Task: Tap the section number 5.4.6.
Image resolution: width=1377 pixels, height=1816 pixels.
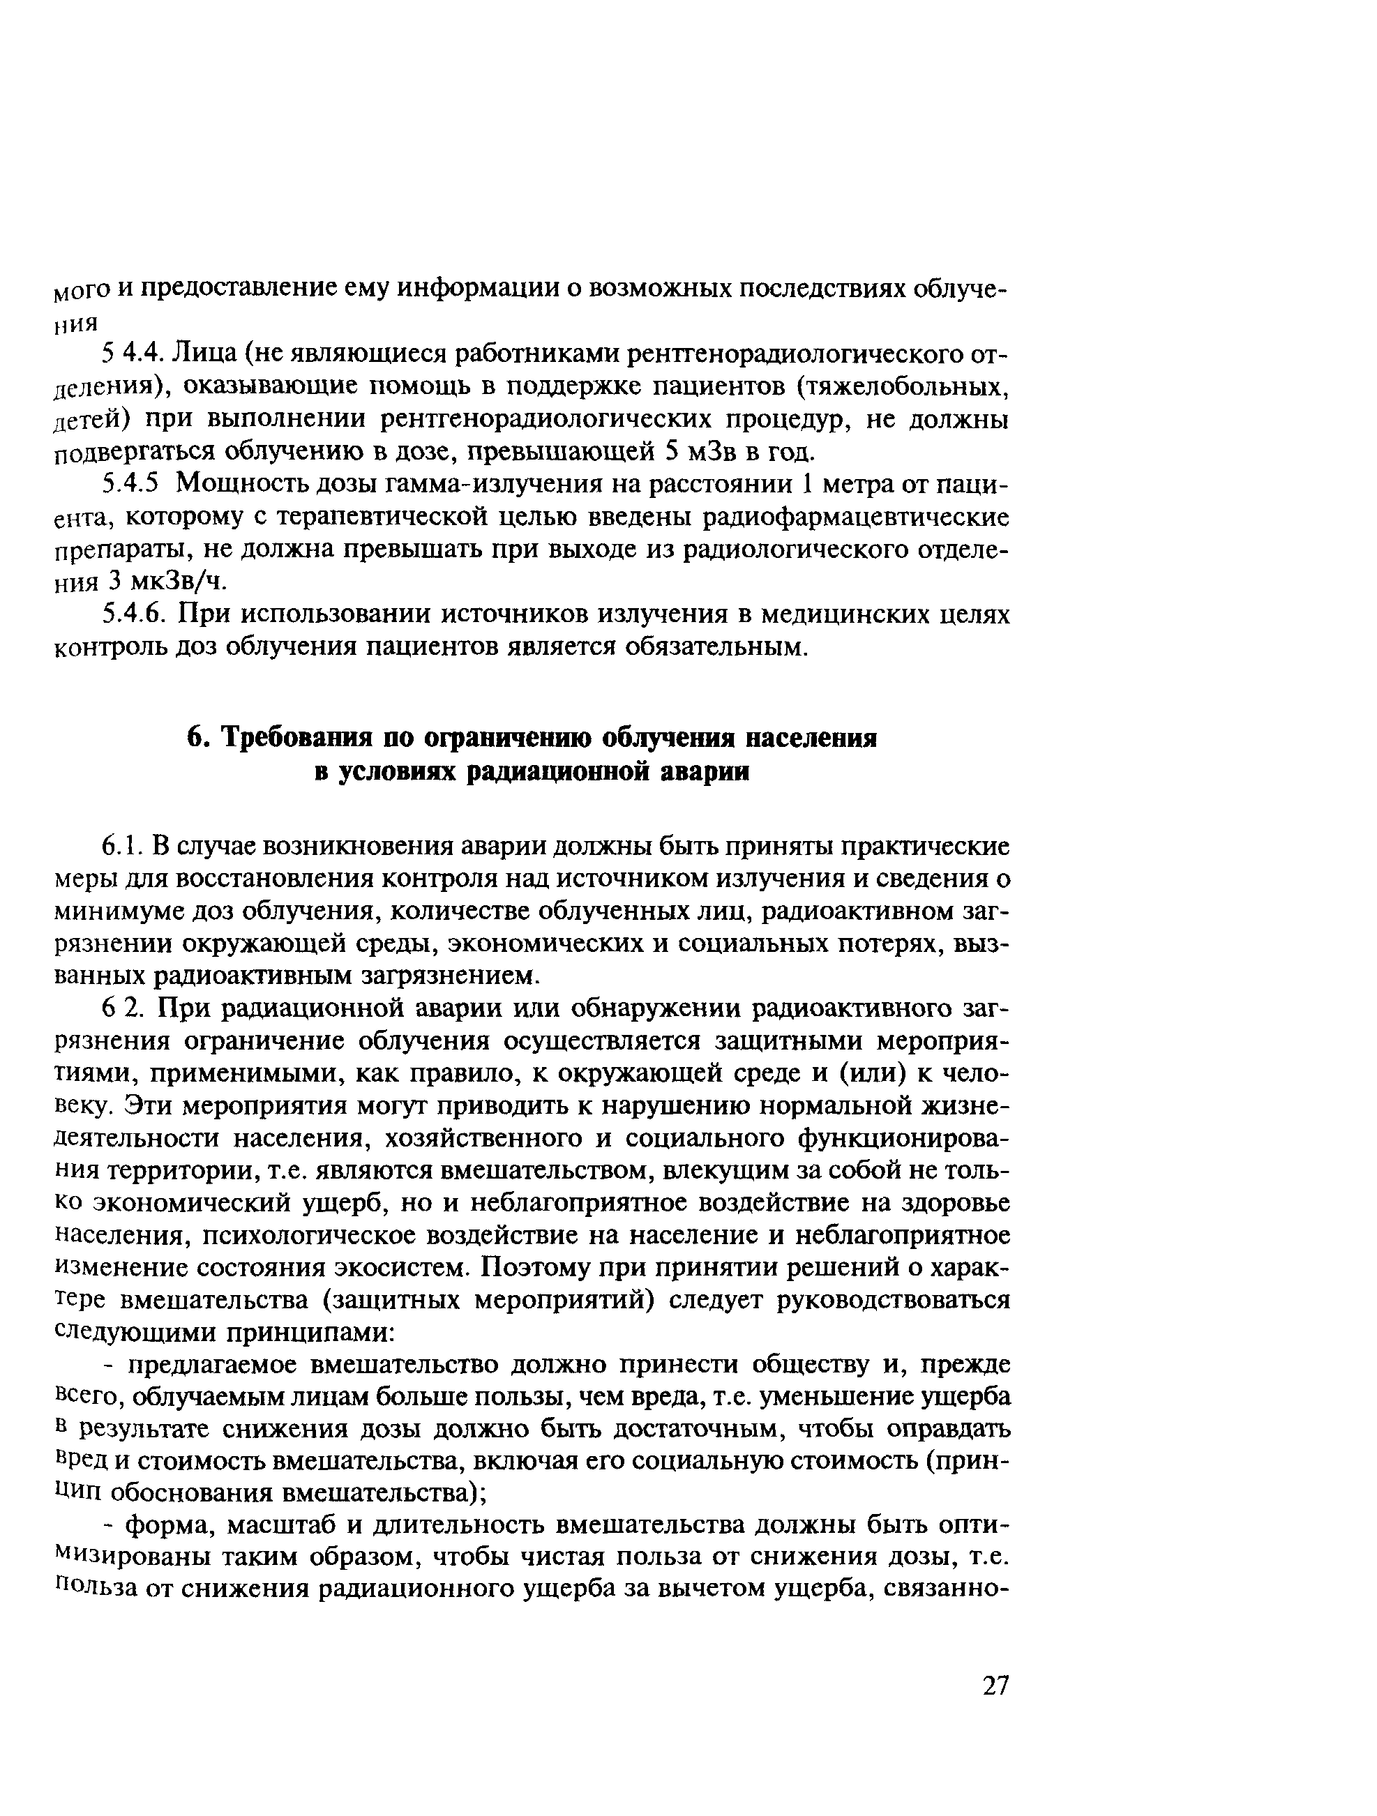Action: [134, 614]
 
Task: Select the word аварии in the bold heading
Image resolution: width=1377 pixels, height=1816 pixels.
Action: [705, 772]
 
